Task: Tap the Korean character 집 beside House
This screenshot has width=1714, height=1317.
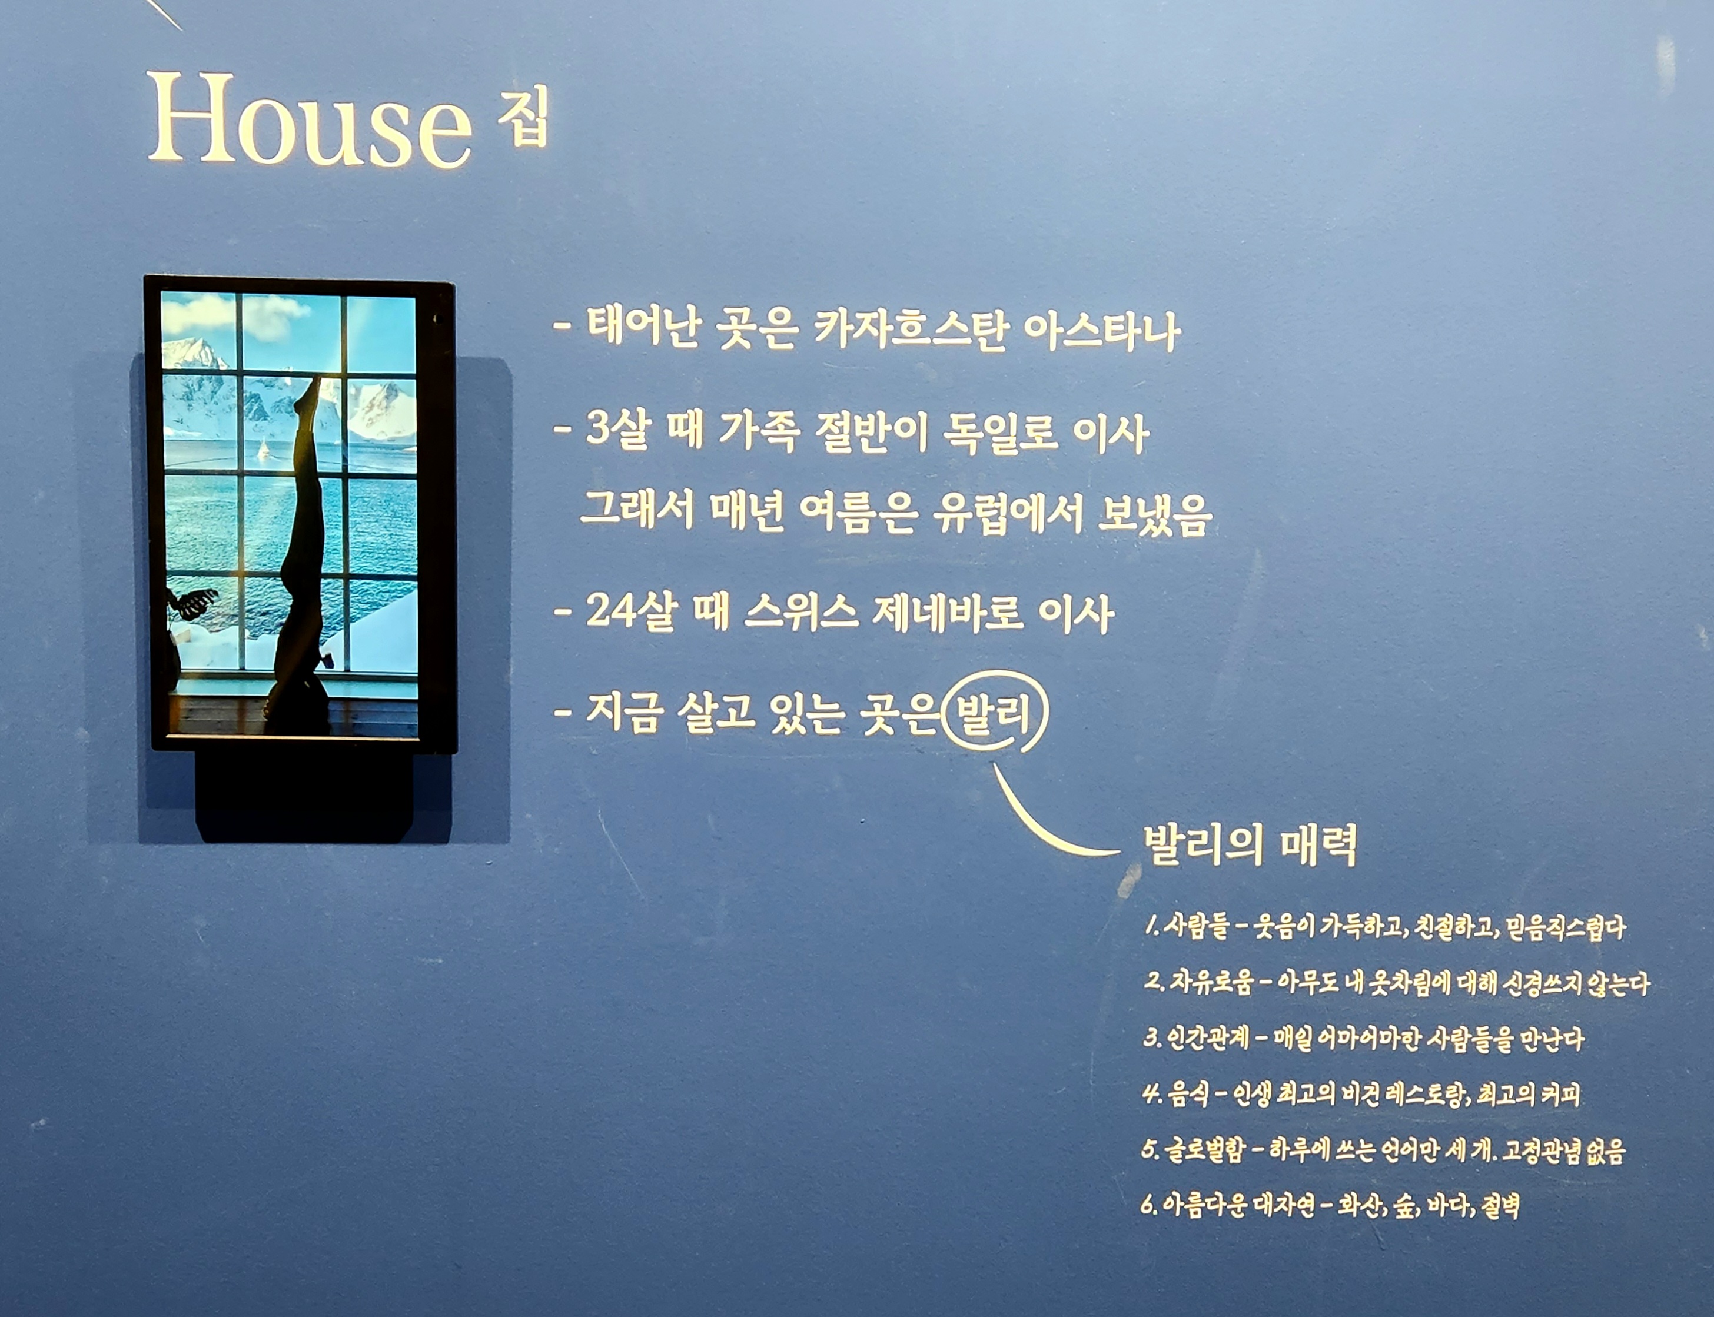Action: (x=524, y=117)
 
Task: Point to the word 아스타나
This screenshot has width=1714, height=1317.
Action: (x=1101, y=331)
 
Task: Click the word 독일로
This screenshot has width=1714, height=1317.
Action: (x=1001, y=432)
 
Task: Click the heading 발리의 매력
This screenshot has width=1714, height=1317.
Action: (x=1250, y=845)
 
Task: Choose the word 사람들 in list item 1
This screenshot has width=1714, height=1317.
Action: (x=1195, y=927)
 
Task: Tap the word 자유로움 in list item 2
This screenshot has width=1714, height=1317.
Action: (x=1211, y=982)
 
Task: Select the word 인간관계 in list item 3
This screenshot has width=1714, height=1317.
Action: (x=1207, y=1039)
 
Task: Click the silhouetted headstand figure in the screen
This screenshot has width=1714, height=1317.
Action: (x=302, y=548)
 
